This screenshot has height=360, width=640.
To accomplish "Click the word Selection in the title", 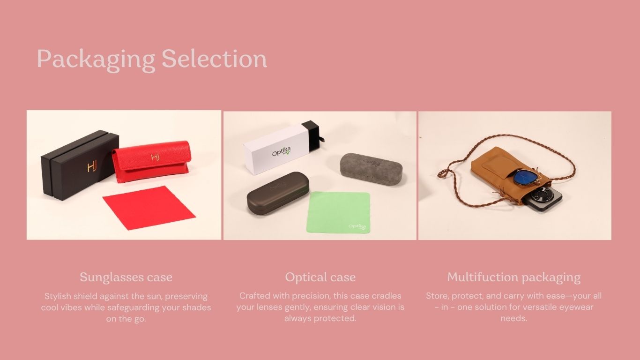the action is tap(214, 58).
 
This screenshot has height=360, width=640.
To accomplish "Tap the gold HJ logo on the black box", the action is tap(92, 166).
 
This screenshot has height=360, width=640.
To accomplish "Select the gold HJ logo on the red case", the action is tap(155, 157).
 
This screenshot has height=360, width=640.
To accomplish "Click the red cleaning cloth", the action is tap(149, 208).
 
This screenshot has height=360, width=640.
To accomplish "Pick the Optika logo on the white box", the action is tap(282, 151).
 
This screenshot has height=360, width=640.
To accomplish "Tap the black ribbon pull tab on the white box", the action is tap(321, 140).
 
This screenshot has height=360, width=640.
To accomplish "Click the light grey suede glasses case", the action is tap(372, 168).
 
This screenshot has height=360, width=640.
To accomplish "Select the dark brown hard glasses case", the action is tap(278, 193).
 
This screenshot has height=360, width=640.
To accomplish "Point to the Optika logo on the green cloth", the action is tap(357, 227).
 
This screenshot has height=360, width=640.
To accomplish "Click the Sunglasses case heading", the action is tap(126, 277).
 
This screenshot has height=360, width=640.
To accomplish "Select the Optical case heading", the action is tap(320, 277).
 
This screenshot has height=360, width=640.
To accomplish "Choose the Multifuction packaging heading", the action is tap(513, 277).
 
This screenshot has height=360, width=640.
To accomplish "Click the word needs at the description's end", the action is tap(513, 318).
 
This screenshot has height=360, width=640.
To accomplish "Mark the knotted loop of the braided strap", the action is tap(443, 173).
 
